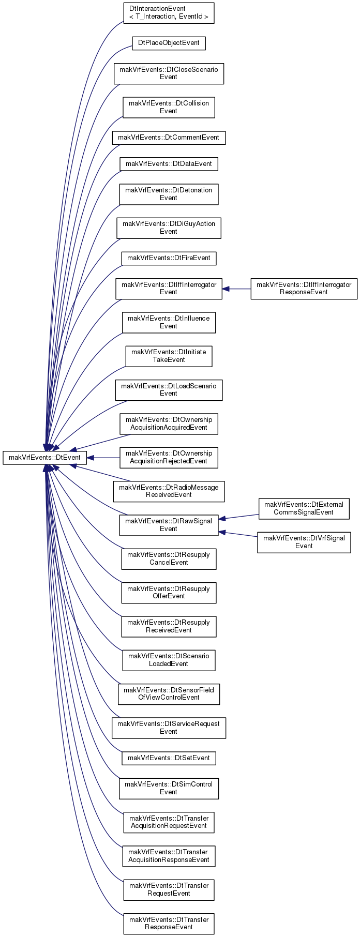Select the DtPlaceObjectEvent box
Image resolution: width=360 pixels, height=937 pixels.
(169, 43)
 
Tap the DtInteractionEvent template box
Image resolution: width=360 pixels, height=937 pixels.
(169, 13)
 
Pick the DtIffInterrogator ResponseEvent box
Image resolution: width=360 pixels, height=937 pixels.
(304, 289)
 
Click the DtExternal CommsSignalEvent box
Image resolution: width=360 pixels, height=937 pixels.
(304, 509)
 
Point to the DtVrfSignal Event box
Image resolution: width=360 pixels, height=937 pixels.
(304, 542)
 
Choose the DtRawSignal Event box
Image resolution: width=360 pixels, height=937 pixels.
(169, 525)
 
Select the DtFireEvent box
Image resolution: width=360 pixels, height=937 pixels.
(169, 258)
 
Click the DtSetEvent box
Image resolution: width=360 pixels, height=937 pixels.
(169, 758)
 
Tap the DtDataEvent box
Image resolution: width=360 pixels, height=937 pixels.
(169, 164)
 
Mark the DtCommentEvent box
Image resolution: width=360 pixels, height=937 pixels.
(169, 138)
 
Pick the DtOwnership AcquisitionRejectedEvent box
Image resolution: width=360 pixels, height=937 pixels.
(169, 458)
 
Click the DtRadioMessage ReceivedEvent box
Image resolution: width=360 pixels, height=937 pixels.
(169, 491)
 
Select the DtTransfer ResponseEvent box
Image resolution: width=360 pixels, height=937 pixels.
(169, 924)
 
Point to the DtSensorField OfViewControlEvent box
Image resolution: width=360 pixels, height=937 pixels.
(169, 694)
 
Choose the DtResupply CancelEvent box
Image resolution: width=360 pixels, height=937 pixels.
(169, 559)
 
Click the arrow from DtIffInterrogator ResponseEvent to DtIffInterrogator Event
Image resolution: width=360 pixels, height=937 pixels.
(236, 289)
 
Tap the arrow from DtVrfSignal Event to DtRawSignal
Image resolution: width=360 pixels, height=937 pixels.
(238, 534)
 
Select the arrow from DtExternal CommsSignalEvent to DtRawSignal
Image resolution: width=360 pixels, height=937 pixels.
(238, 517)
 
